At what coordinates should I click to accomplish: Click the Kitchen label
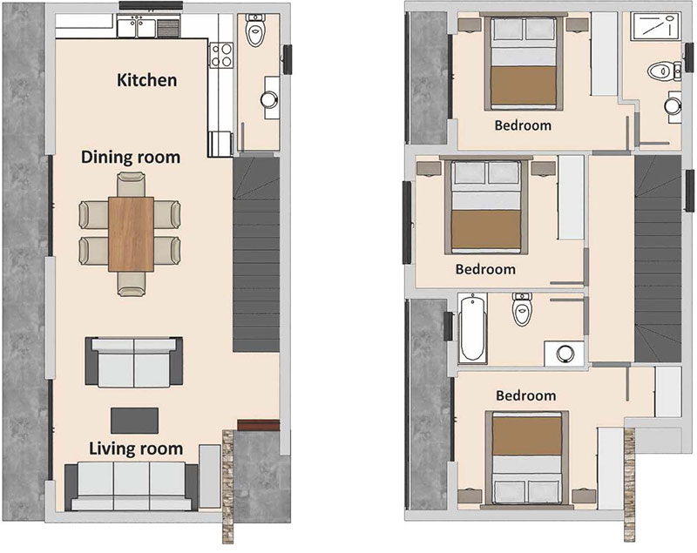tap(146, 80)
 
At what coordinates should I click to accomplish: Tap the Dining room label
tap(131, 158)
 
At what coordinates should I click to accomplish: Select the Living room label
tap(136, 448)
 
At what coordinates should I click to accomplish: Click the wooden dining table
tap(132, 234)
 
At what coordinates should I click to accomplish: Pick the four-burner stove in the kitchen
tap(221, 55)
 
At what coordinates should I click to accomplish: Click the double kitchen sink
tap(136, 28)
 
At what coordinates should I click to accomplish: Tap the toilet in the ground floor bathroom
tap(255, 30)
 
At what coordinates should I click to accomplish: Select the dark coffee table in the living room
tap(134, 421)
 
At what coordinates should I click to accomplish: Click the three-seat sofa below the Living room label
tap(132, 486)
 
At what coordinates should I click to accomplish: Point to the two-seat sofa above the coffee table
tap(134, 361)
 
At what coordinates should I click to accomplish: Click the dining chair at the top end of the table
tap(132, 185)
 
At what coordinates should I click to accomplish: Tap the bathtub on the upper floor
tap(472, 328)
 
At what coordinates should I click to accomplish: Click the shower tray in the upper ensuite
tap(656, 27)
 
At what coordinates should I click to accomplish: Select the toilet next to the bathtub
tap(522, 309)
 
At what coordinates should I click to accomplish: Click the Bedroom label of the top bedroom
tap(523, 125)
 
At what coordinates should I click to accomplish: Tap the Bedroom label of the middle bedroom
tap(485, 269)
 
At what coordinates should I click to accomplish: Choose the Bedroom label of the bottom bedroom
tap(526, 395)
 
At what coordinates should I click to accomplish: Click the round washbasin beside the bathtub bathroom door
tap(565, 354)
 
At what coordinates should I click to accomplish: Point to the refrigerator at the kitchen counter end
tap(220, 144)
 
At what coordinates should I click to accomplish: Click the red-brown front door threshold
tap(258, 425)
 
